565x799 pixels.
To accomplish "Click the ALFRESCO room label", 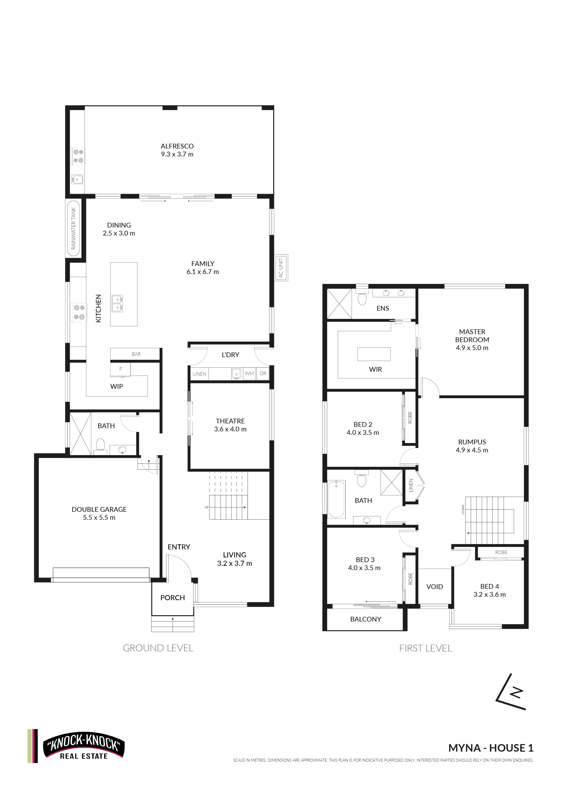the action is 177,146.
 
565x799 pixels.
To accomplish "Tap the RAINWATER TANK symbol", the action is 73,228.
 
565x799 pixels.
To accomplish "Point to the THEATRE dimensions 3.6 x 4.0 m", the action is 230,429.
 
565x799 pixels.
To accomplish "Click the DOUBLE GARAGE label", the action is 99,509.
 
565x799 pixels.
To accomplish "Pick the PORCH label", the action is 173,597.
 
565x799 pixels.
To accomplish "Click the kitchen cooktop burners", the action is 79,312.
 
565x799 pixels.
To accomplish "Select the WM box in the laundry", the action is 249,373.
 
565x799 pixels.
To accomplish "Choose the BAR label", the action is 136,354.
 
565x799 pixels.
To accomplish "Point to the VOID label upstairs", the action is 435,586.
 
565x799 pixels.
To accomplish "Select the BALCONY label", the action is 365,619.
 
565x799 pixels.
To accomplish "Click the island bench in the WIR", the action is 374,354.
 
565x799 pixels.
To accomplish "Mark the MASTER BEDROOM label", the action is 472,335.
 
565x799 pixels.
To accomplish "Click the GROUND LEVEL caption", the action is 158,648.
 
